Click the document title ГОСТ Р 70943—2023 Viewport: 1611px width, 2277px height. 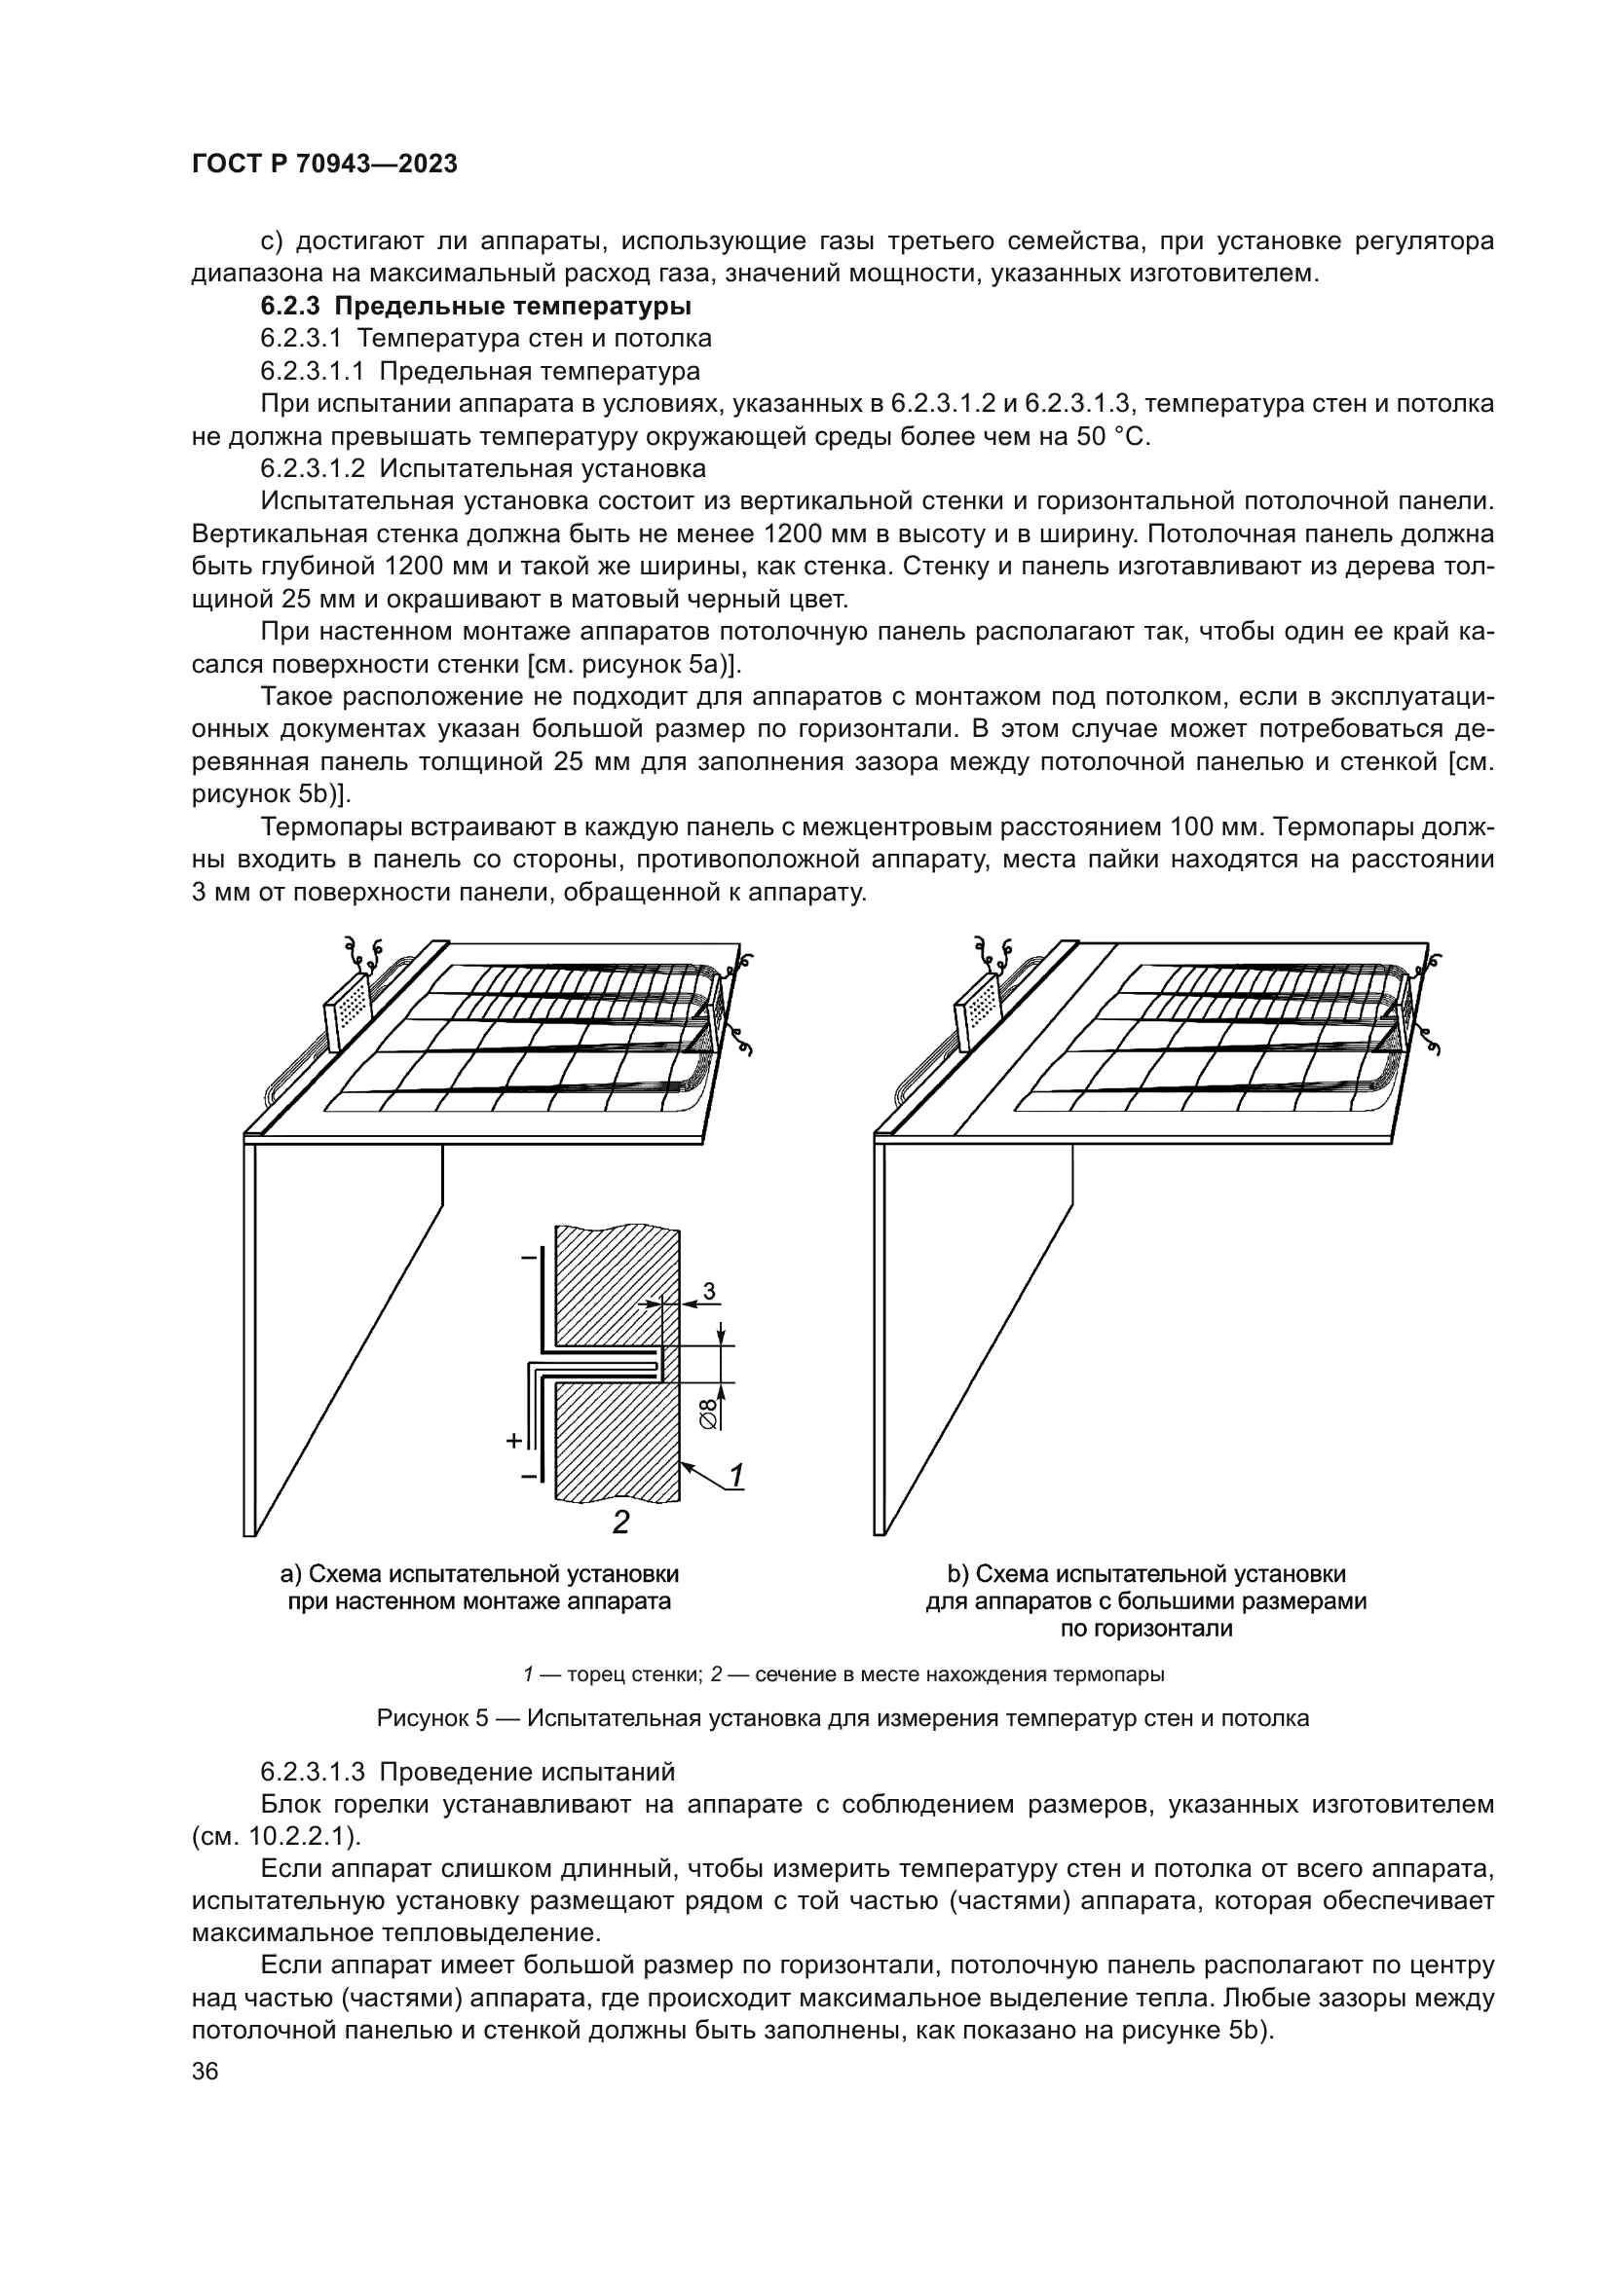(324, 165)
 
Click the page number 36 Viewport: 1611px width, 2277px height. (206, 2072)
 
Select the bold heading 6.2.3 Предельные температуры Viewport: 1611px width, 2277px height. (475, 306)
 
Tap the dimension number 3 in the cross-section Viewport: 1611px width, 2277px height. (709, 1290)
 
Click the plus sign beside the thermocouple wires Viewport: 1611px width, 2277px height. (514, 1441)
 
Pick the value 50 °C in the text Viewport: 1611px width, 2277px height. (1112, 437)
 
